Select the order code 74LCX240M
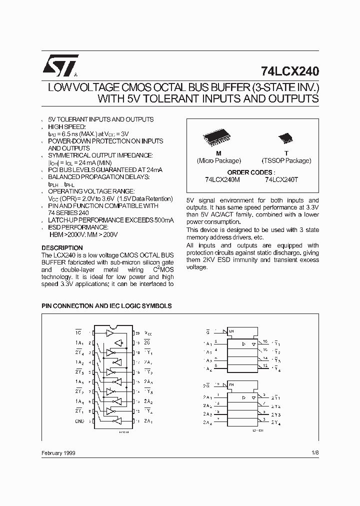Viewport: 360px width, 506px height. (x=221, y=178)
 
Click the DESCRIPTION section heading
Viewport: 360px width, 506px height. (x=62, y=248)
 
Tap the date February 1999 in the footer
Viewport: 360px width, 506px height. (x=59, y=453)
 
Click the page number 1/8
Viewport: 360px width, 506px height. (x=314, y=453)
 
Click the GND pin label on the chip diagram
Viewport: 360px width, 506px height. (x=79, y=420)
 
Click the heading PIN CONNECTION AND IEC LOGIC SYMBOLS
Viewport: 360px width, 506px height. (x=106, y=305)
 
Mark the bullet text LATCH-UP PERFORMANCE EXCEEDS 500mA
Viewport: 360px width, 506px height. (x=111, y=220)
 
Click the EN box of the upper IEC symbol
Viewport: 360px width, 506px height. (x=231, y=331)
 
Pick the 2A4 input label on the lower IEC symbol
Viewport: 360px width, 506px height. (x=207, y=423)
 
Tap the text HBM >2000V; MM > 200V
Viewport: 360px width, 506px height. (x=84, y=234)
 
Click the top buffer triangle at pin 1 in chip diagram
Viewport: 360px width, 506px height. (x=110, y=332)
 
